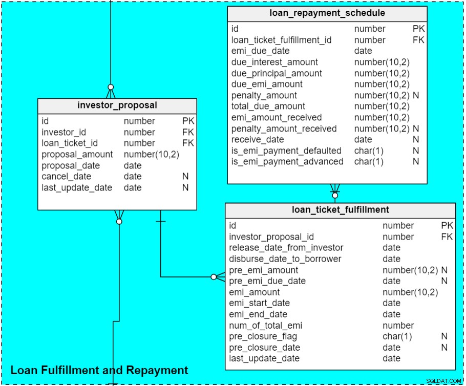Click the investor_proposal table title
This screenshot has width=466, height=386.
pos(117,105)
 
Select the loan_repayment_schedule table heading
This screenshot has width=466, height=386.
pos(327,13)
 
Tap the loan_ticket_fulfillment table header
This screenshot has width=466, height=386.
pos(341,210)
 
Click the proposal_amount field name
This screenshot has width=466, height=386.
pos(77,155)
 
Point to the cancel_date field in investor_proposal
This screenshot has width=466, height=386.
pos(66,177)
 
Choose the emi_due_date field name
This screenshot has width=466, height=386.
pos(260,51)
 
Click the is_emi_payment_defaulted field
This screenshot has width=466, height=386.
pos(286,151)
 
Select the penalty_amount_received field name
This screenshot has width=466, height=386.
pos(284,128)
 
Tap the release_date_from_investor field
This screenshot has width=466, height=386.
pos(286,248)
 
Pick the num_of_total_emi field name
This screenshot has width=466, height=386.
pos(265,326)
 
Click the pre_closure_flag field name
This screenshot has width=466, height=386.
pos(263,336)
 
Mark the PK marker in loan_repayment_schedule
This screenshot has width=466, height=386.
pos(418,29)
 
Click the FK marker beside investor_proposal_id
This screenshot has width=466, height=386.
pos(447,237)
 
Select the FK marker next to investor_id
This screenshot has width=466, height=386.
pos(188,132)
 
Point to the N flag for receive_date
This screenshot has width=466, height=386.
pos(416,140)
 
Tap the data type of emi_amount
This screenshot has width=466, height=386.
pos(410,292)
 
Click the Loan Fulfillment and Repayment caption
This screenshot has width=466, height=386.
pos(99,370)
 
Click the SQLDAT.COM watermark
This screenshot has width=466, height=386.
pos(443,381)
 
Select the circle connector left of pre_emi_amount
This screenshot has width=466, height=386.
pos(214,277)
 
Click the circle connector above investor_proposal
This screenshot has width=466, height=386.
pos(111,87)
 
